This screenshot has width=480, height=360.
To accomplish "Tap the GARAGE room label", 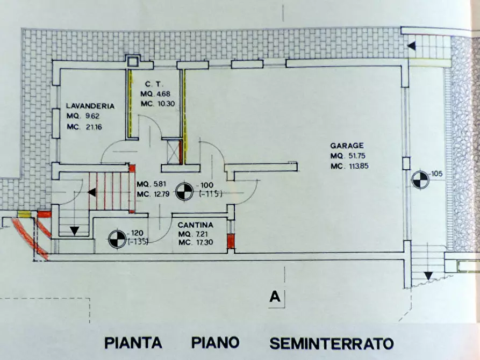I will click(x=347, y=146).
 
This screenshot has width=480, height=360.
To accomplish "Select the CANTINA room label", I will click(x=196, y=225).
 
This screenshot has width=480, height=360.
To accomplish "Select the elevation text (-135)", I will click(x=138, y=241).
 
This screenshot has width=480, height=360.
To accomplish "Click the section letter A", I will click(x=275, y=297).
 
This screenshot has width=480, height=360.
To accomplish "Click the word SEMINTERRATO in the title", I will click(x=331, y=342).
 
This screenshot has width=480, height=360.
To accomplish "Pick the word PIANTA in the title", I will click(x=134, y=342).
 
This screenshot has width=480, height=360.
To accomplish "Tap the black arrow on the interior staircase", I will click(x=92, y=192).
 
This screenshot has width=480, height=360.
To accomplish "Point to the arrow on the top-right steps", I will click(x=411, y=46).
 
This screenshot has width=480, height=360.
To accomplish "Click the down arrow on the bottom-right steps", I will click(x=428, y=276).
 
